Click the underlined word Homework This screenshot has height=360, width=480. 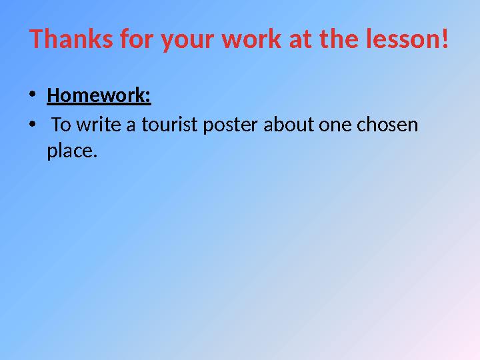(x=99, y=97)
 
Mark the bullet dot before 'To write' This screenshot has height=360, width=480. (x=33, y=125)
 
